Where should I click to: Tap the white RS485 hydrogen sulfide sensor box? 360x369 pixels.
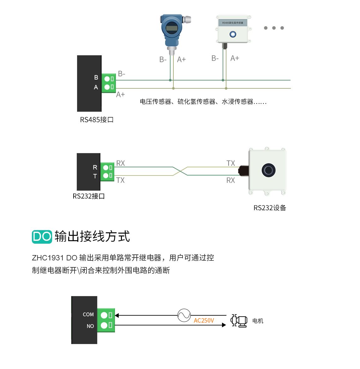click(x=233, y=29)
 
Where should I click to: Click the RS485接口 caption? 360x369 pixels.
click(x=97, y=120)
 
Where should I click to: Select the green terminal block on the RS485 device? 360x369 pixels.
click(x=109, y=83)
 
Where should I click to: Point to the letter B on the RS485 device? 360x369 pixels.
click(x=96, y=77)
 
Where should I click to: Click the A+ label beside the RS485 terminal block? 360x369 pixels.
click(x=120, y=95)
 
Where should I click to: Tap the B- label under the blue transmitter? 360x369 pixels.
click(x=163, y=60)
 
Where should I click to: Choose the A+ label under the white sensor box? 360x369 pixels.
click(x=235, y=58)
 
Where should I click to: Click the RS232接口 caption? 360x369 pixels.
click(x=89, y=196)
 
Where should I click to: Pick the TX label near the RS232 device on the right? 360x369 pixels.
click(x=231, y=163)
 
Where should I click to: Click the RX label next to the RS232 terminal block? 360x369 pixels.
click(x=121, y=163)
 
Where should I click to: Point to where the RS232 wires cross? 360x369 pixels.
click(x=180, y=171)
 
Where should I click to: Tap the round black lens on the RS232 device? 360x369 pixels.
click(x=268, y=170)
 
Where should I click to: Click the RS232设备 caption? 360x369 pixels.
click(x=270, y=208)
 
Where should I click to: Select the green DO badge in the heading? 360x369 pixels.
click(x=42, y=237)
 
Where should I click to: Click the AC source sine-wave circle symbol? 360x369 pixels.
click(x=184, y=315)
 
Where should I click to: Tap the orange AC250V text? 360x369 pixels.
click(x=204, y=321)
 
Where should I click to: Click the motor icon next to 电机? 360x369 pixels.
click(x=239, y=321)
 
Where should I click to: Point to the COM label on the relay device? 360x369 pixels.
click(x=88, y=315)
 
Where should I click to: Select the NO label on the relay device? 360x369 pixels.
click(x=90, y=326)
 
